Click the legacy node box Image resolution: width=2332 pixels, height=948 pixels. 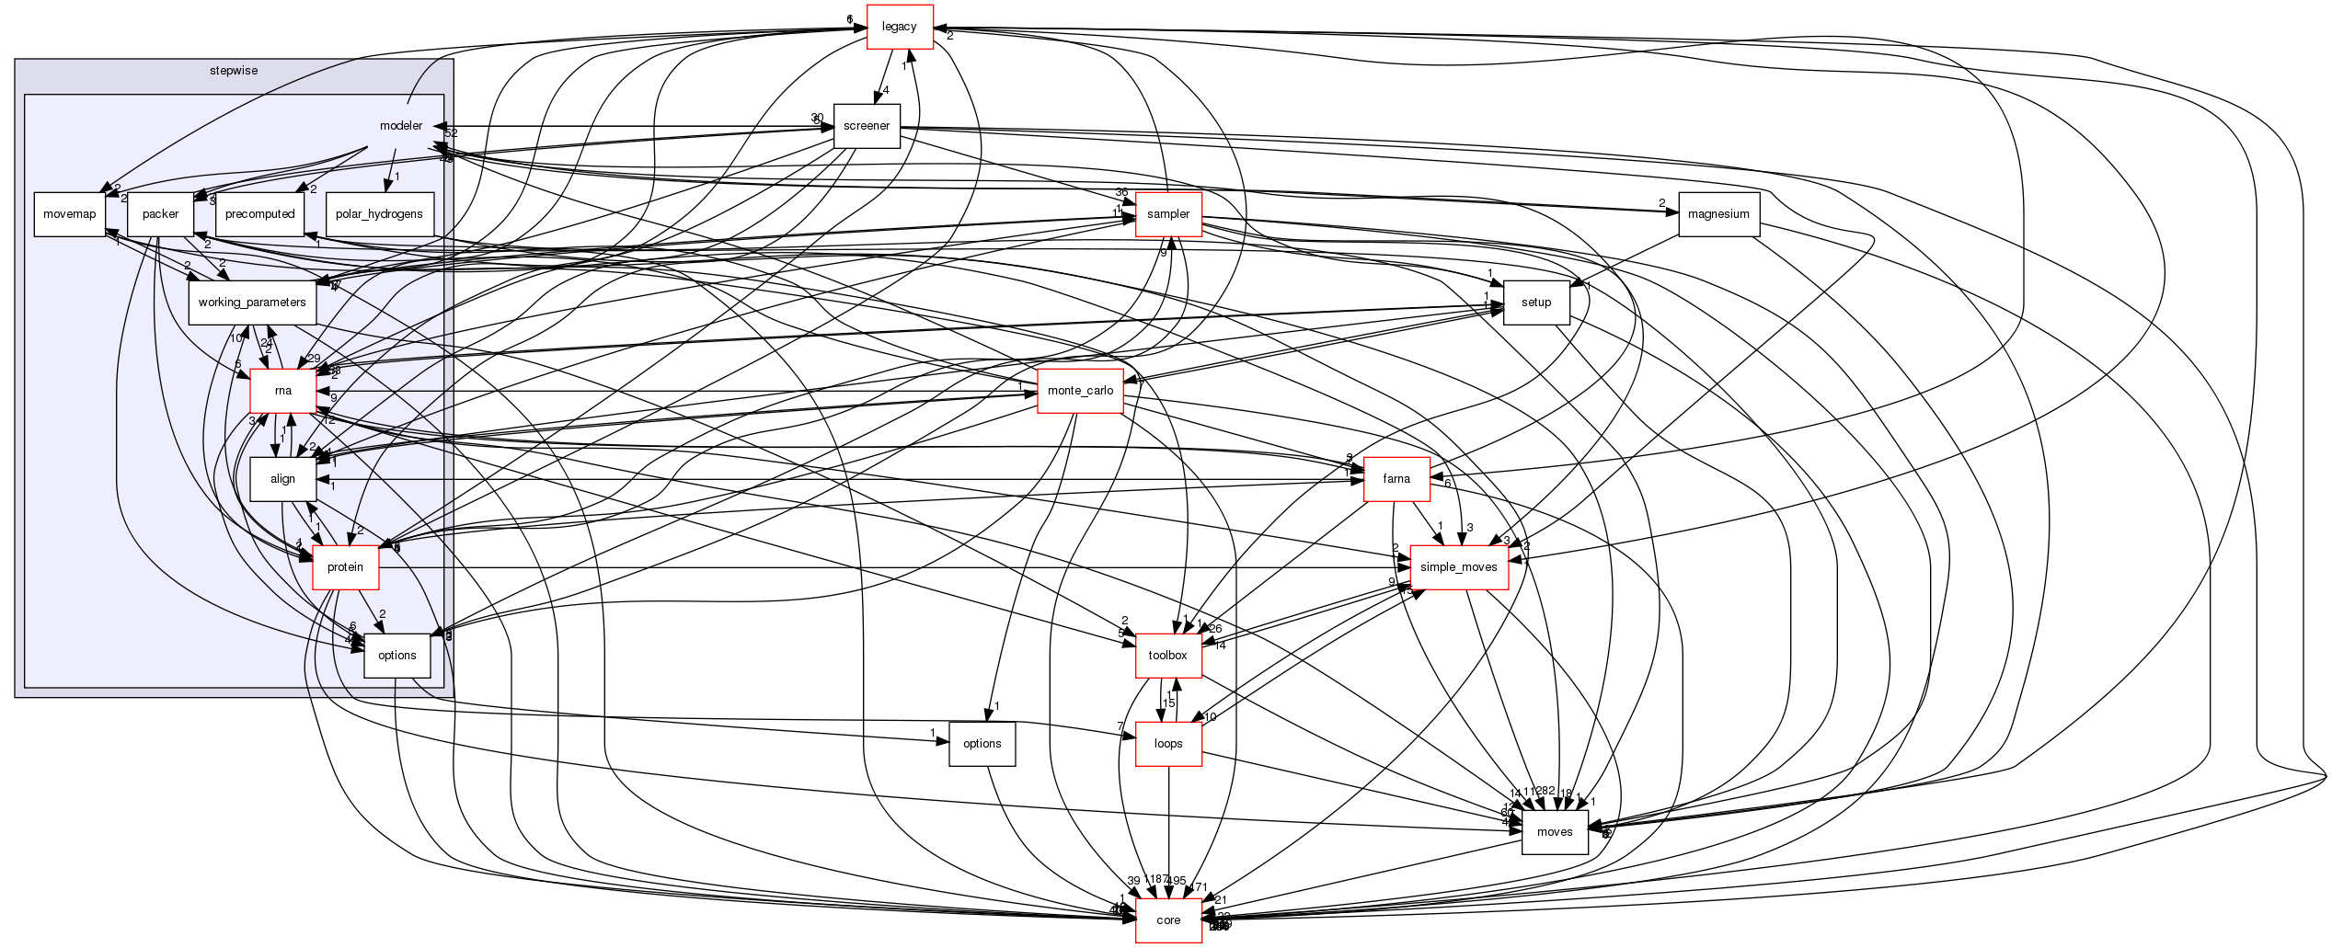tap(899, 27)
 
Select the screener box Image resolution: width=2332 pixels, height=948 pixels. tap(866, 126)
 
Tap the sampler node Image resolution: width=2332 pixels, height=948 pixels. tap(1168, 214)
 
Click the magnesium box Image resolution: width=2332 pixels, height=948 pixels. tap(1718, 214)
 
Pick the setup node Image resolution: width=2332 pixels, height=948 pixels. tap(1535, 303)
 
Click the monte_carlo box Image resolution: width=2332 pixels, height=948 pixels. tap(1080, 391)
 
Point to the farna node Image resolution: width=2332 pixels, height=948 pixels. tap(1396, 479)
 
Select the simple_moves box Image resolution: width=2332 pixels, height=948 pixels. tap(1458, 567)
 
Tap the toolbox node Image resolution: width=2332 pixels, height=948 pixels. tap(1168, 656)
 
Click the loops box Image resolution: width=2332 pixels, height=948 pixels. tap(1168, 744)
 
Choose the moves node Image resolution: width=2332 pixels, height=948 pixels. tap(1555, 832)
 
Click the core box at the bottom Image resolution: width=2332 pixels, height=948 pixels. tap(1168, 920)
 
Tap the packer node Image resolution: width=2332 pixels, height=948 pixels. tap(160, 214)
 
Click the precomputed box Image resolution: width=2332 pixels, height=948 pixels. tap(259, 214)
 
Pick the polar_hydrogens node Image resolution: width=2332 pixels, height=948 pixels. tap(379, 214)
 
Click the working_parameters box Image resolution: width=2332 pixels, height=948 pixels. tap(252, 303)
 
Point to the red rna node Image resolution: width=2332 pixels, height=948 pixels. tap(283, 391)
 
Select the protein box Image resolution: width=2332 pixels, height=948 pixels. tap(345, 567)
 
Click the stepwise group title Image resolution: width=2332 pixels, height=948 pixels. tap(234, 69)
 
